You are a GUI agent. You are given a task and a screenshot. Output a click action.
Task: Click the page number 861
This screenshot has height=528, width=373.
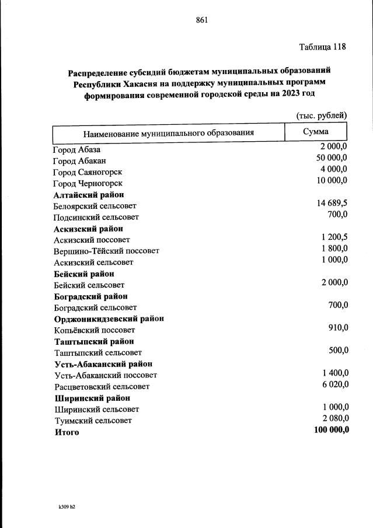[202, 20]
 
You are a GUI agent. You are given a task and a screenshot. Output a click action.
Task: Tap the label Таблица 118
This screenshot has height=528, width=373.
[323, 47]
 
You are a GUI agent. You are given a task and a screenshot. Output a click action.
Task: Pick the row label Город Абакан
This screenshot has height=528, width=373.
[79, 160]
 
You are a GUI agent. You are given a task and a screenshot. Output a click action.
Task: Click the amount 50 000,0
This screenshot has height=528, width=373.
[332, 158]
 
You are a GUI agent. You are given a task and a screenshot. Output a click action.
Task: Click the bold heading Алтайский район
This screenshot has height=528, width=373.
[88, 195]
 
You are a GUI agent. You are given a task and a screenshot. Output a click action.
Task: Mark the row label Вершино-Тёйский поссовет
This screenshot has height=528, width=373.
[106, 251]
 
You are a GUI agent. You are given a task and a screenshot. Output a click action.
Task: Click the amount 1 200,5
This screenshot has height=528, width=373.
[334, 237]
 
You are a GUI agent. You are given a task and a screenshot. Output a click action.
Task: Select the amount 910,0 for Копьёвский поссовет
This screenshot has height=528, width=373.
[339, 327]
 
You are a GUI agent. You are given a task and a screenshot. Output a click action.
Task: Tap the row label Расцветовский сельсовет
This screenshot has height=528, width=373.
[102, 387]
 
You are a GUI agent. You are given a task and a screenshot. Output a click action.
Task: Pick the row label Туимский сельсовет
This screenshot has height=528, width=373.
[93, 421]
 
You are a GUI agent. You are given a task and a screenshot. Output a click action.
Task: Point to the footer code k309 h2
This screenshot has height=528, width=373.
[63, 506]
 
